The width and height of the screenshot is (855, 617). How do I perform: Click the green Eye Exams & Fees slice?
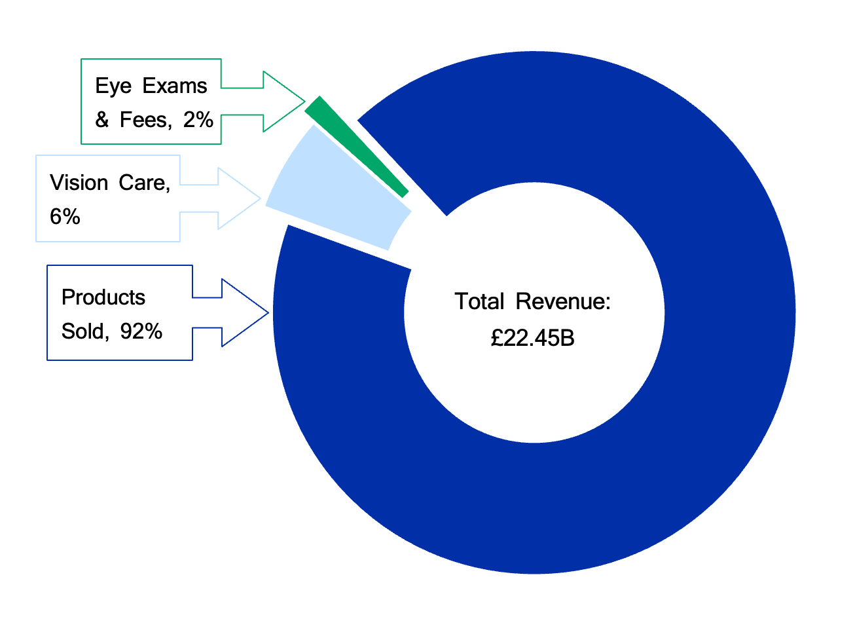357,147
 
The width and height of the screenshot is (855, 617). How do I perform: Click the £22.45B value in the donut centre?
532,338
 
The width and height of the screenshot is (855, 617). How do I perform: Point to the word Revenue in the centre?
563,301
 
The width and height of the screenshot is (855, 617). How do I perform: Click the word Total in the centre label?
479,301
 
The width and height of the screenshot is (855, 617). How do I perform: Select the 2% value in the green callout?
198,119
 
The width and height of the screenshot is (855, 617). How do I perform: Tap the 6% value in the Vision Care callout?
65,217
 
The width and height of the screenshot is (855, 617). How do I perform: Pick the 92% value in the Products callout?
141,331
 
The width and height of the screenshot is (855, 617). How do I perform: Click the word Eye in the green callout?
113,86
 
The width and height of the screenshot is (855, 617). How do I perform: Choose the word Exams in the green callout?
175,86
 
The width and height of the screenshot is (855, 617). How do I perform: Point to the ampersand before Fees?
102,119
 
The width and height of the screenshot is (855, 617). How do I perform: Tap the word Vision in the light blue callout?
79,183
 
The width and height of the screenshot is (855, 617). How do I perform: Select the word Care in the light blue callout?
144,183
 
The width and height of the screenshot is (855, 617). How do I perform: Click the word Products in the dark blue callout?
103,297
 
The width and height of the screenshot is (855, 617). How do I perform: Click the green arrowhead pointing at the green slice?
284,102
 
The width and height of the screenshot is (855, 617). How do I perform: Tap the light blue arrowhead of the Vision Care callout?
240,198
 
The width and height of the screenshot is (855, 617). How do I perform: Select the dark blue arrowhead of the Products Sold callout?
245,312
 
